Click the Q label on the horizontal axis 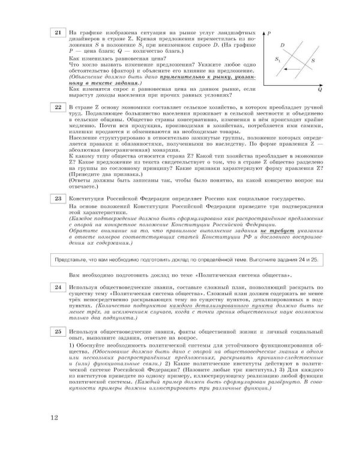[x=320, y=90]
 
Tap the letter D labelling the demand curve [x=282, y=46]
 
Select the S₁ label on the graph [x=277, y=60]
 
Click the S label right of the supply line [x=313, y=61]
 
